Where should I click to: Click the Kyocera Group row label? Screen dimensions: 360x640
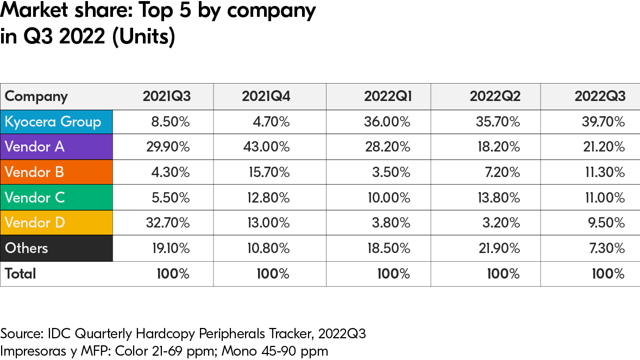click(53, 122)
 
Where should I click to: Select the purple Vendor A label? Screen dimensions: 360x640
click(35, 147)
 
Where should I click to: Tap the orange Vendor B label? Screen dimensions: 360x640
click(35, 172)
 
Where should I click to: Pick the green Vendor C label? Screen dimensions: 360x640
click(35, 198)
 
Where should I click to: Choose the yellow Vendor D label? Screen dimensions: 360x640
click(35, 223)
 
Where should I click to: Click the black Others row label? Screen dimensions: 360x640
click(27, 248)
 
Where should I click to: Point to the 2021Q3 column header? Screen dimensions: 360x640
click(166, 97)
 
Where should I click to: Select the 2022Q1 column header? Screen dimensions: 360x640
click(388, 97)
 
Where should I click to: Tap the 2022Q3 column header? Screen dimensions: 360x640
click(600, 97)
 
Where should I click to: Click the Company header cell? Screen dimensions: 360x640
click(36, 97)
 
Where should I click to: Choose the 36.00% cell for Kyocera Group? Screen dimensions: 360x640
click(387, 122)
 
